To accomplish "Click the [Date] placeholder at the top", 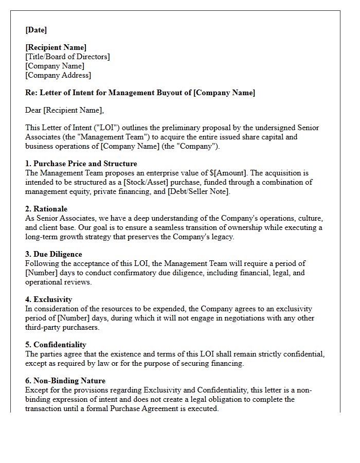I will [x=36, y=30].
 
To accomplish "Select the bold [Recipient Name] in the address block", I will [x=56, y=48].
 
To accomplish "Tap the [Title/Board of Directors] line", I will [x=67, y=57].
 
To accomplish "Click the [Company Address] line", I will [x=58, y=75].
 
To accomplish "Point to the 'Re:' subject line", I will [x=140, y=93].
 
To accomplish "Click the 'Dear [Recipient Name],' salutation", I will [x=64, y=110].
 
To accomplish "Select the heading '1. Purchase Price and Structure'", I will [x=81, y=164].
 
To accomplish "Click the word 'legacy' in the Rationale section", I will [x=221, y=237].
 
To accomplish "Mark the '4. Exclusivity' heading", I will [x=49, y=299].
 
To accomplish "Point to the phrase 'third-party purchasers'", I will [x=62, y=327].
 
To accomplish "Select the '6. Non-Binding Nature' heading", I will [x=65, y=381].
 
